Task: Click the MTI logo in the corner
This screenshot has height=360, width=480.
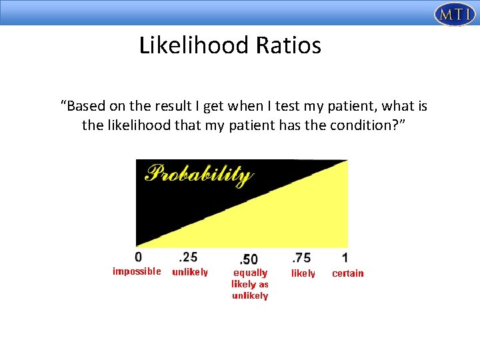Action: [454, 14]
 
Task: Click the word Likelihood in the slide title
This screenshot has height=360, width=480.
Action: [193, 45]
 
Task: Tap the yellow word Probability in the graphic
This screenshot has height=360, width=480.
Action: [199, 175]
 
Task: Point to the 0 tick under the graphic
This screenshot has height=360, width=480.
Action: [138, 257]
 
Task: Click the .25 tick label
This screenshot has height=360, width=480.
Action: [189, 257]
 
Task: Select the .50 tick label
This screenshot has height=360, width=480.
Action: [248, 258]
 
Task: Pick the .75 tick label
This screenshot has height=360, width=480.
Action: [301, 257]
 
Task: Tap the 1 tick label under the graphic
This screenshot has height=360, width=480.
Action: [345, 257]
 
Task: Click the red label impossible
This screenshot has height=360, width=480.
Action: [137, 271]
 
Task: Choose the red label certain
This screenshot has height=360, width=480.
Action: [348, 273]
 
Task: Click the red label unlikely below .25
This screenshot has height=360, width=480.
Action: [190, 272]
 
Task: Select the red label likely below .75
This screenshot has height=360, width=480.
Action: [303, 273]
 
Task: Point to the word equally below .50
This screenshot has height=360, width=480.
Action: [250, 273]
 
